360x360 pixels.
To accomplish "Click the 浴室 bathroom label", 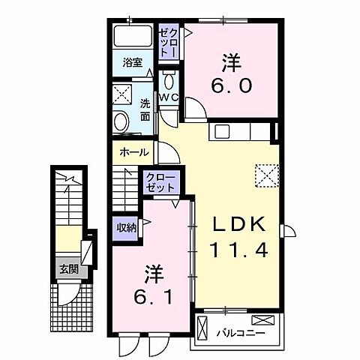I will [133, 63].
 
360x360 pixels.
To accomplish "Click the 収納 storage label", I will [126, 227].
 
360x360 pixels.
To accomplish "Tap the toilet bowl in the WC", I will [169, 81].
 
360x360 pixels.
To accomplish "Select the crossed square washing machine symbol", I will [121, 94].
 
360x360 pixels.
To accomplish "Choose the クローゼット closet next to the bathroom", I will [167, 41].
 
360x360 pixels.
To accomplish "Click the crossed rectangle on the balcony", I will [203, 328].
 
